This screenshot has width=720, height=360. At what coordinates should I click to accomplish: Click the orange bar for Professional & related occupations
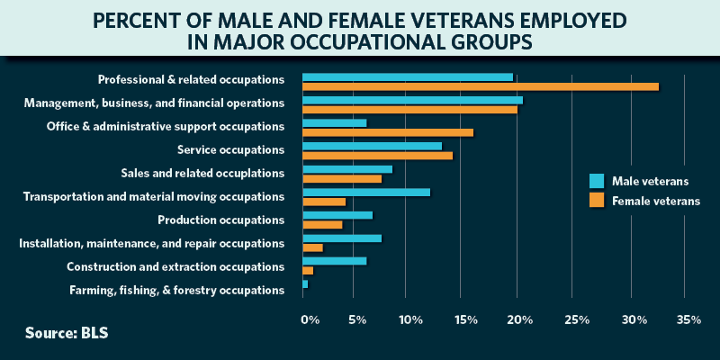tap(481, 87)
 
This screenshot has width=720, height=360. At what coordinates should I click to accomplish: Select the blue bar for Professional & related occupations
tap(408, 77)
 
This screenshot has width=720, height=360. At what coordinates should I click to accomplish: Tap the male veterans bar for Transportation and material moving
tap(366, 192)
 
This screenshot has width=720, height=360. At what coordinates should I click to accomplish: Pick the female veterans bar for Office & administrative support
tap(388, 133)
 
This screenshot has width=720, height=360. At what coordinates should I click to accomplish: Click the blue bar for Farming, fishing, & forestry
tap(305, 284)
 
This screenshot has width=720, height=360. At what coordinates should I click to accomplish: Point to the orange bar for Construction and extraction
tap(308, 270)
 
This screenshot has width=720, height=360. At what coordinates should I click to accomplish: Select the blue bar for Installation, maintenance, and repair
tap(342, 238)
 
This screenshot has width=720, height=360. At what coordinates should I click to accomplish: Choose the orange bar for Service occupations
tap(378, 156)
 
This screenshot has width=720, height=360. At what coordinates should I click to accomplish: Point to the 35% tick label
tap(688, 319)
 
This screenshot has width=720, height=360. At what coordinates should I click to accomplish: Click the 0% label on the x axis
tap(310, 319)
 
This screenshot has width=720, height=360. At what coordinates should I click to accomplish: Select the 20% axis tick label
tap(520, 319)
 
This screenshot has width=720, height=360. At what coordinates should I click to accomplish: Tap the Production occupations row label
tap(220, 220)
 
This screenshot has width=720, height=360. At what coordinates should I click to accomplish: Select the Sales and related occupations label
tap(202, 173)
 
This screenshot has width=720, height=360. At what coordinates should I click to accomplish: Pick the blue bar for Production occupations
tap(337, 215)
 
